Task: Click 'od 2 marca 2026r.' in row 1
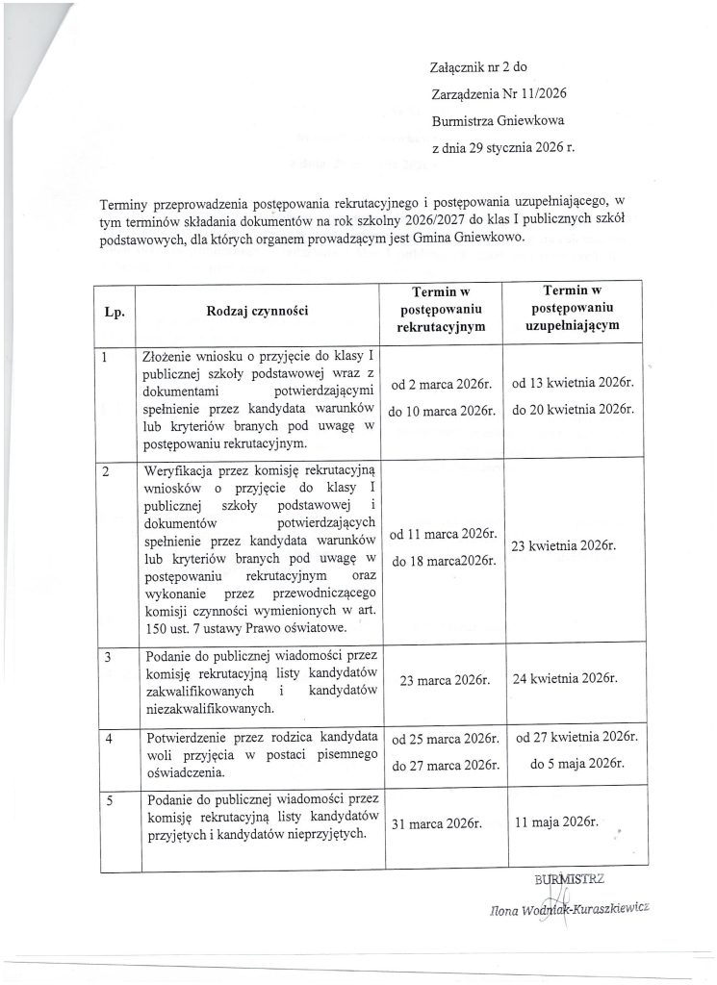click(x=441, y=386)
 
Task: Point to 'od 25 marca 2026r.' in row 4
click(x=441, y=741)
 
